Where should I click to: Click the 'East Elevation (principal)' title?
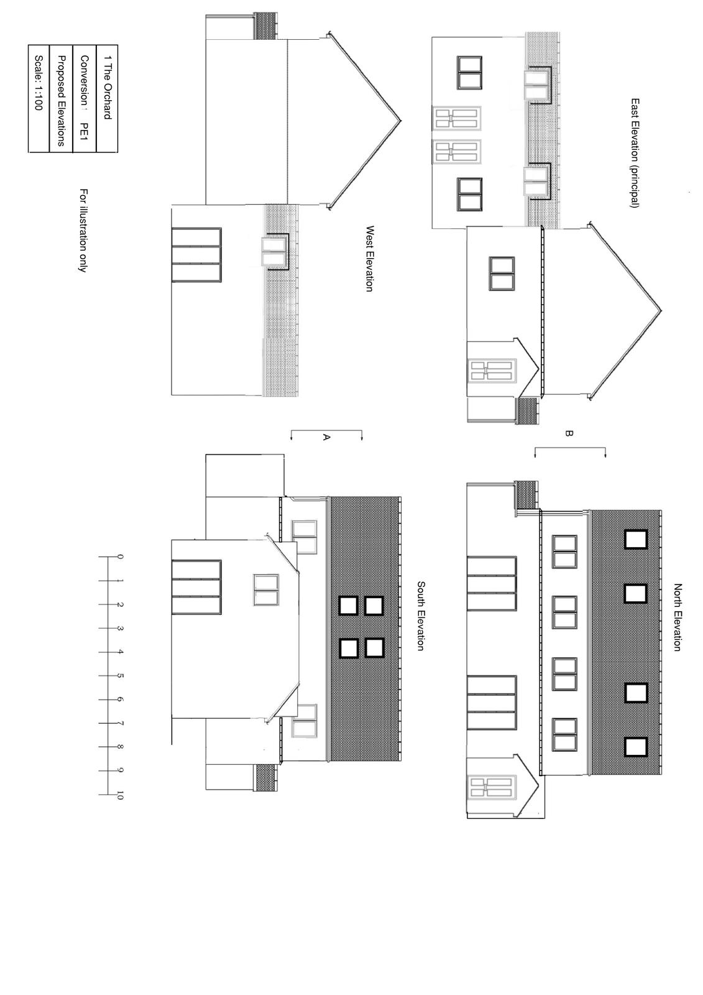635,153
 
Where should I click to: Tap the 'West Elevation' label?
369,259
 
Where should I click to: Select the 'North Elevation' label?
677,618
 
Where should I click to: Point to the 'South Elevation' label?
420,616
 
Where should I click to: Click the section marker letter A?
326,438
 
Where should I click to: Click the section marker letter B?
569,433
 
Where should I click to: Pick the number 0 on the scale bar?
119,557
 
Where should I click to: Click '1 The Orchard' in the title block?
107,87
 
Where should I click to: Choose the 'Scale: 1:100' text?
38,83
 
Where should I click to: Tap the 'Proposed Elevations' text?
62,100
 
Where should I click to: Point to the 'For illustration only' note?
83,230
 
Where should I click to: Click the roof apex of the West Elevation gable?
400,121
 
